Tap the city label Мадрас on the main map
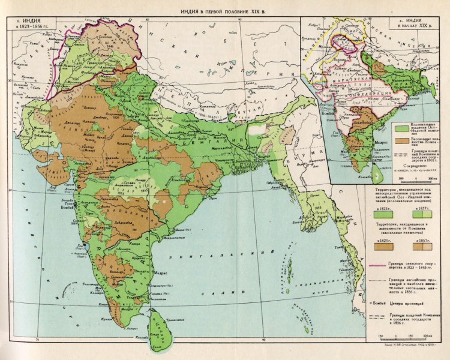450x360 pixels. click(x=161, y=272)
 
